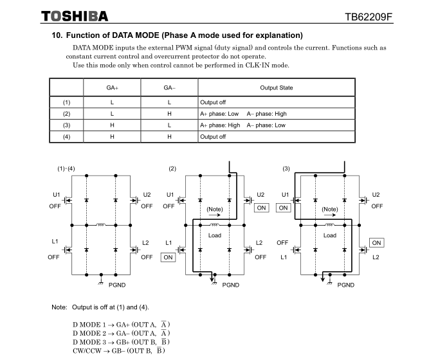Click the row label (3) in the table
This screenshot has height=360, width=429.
(x=66, y=125)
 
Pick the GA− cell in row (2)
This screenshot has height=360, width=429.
(x=169, y=113)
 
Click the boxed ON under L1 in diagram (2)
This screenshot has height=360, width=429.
(x=168, y=257)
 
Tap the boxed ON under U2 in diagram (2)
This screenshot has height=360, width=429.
(x=262, y=208)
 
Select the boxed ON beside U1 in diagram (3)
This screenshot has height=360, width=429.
(x=283, y=208)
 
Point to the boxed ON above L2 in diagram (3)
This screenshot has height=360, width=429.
(x=376, y=242)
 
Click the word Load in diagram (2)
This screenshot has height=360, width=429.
(x=214, y=235)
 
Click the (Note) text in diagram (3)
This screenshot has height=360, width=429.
(x=330, y=209)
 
